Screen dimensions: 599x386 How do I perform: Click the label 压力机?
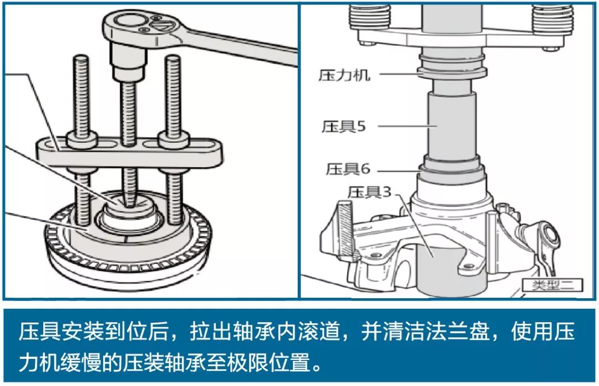click(344, 75)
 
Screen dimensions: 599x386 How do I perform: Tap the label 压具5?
click(343, 126)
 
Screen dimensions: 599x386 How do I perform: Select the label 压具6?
click(348, 169)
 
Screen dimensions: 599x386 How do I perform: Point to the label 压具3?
click(369, 192)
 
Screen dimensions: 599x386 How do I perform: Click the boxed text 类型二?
click(552, 285)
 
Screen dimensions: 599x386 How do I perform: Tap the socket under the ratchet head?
click(128, 61)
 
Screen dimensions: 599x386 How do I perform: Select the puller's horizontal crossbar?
click(130, 153)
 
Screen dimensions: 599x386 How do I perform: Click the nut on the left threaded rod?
click(82, 139)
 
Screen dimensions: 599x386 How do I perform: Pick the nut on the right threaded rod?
click(174, 139)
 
